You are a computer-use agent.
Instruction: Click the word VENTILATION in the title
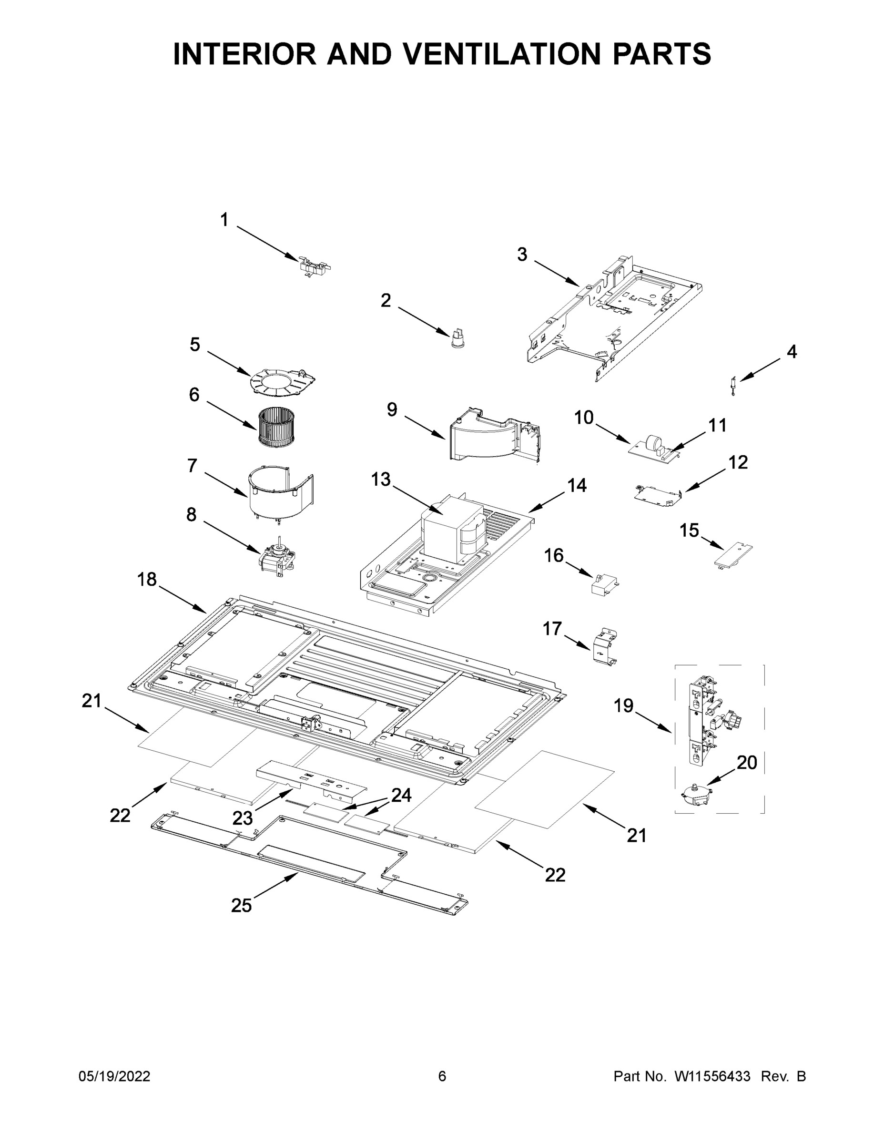coord(502,54)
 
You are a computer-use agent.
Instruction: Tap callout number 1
coord(224,220)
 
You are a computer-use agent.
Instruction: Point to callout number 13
coord(381,479)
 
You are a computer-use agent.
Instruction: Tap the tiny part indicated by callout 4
coord(733,386)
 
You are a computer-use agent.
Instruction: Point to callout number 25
coord(242,905)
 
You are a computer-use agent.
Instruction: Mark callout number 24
coord(401,795)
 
